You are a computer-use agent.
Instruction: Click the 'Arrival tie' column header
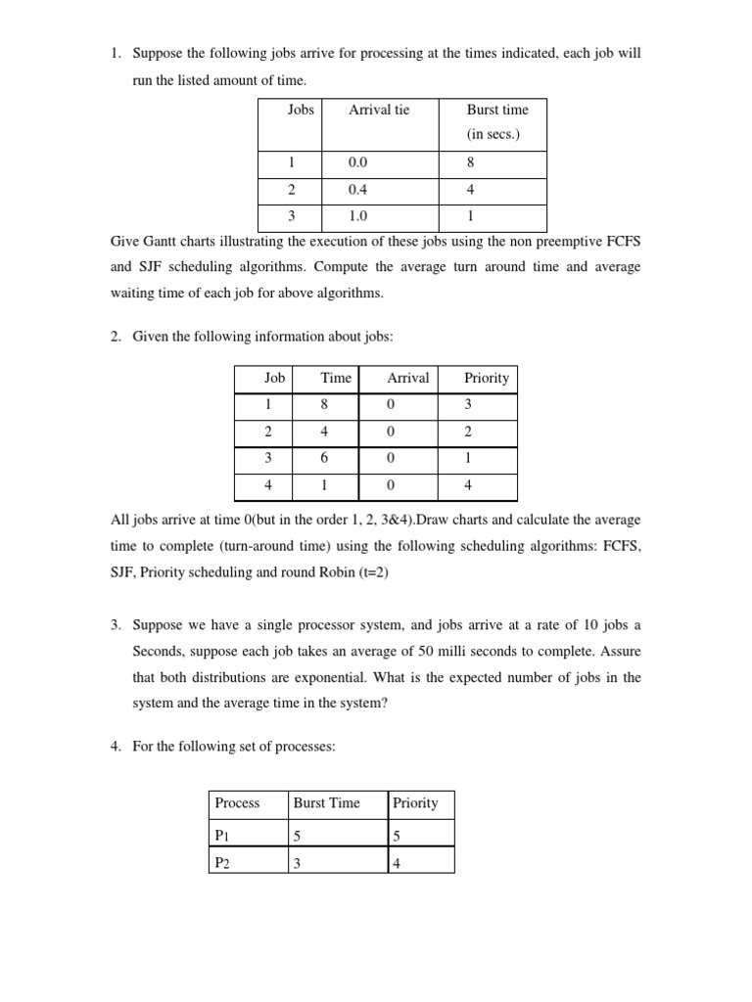click(x=379, y=110)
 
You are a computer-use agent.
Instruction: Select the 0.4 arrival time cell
click(x=357, y=191)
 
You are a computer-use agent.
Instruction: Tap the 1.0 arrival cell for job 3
click(x=357, y=217)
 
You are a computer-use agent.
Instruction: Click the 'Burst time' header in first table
click(x=496, y=110)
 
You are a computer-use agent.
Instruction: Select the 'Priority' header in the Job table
click(x=486, y=378)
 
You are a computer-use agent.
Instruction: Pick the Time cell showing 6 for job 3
click(x=324, y=458)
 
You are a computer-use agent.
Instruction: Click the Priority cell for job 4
click(x=468, y=484)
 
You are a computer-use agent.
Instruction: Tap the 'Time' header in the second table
click(x=335, y=378)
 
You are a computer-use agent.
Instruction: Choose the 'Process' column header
click(x=237, y=802)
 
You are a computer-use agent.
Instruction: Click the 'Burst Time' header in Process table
click(x=326, y=802)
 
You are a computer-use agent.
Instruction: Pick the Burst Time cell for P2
click(x=298, y=862)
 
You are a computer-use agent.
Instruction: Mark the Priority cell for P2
click(x=397, y=862)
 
